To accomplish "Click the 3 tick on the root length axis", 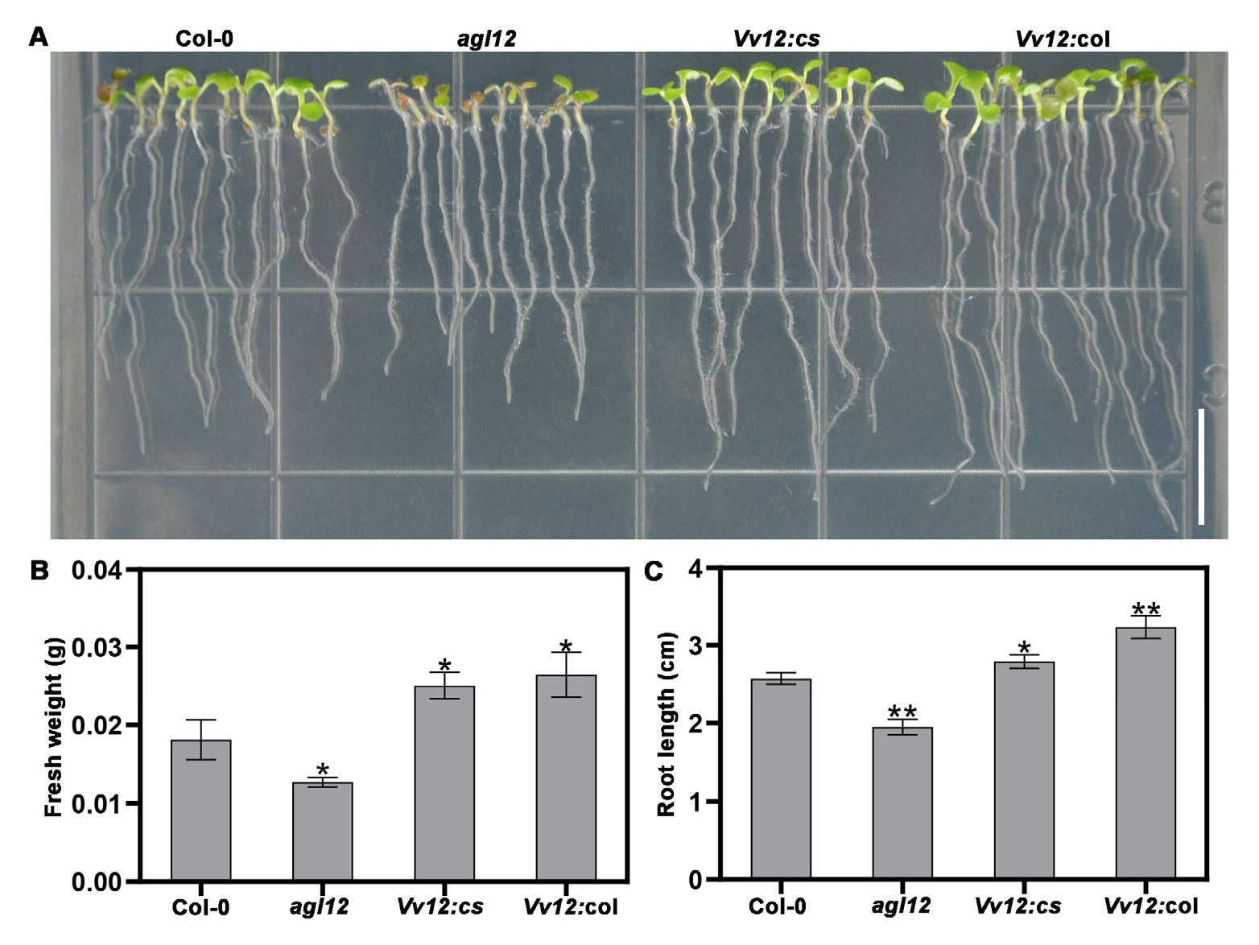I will point(695,646).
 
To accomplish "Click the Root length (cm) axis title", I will point(666,724).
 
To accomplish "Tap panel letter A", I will point(38,37).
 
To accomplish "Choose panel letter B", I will point(39,571).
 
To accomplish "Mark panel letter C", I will point(653,571).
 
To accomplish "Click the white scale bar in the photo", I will point(1201,467).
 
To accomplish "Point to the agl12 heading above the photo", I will point(486,39).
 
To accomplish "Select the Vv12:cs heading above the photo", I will point(776,39).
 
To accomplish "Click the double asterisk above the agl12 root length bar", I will point(902,712).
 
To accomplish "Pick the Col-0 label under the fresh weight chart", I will point(200,907).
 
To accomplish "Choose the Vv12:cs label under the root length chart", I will point(1018,906).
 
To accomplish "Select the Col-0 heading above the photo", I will point(204,39).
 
